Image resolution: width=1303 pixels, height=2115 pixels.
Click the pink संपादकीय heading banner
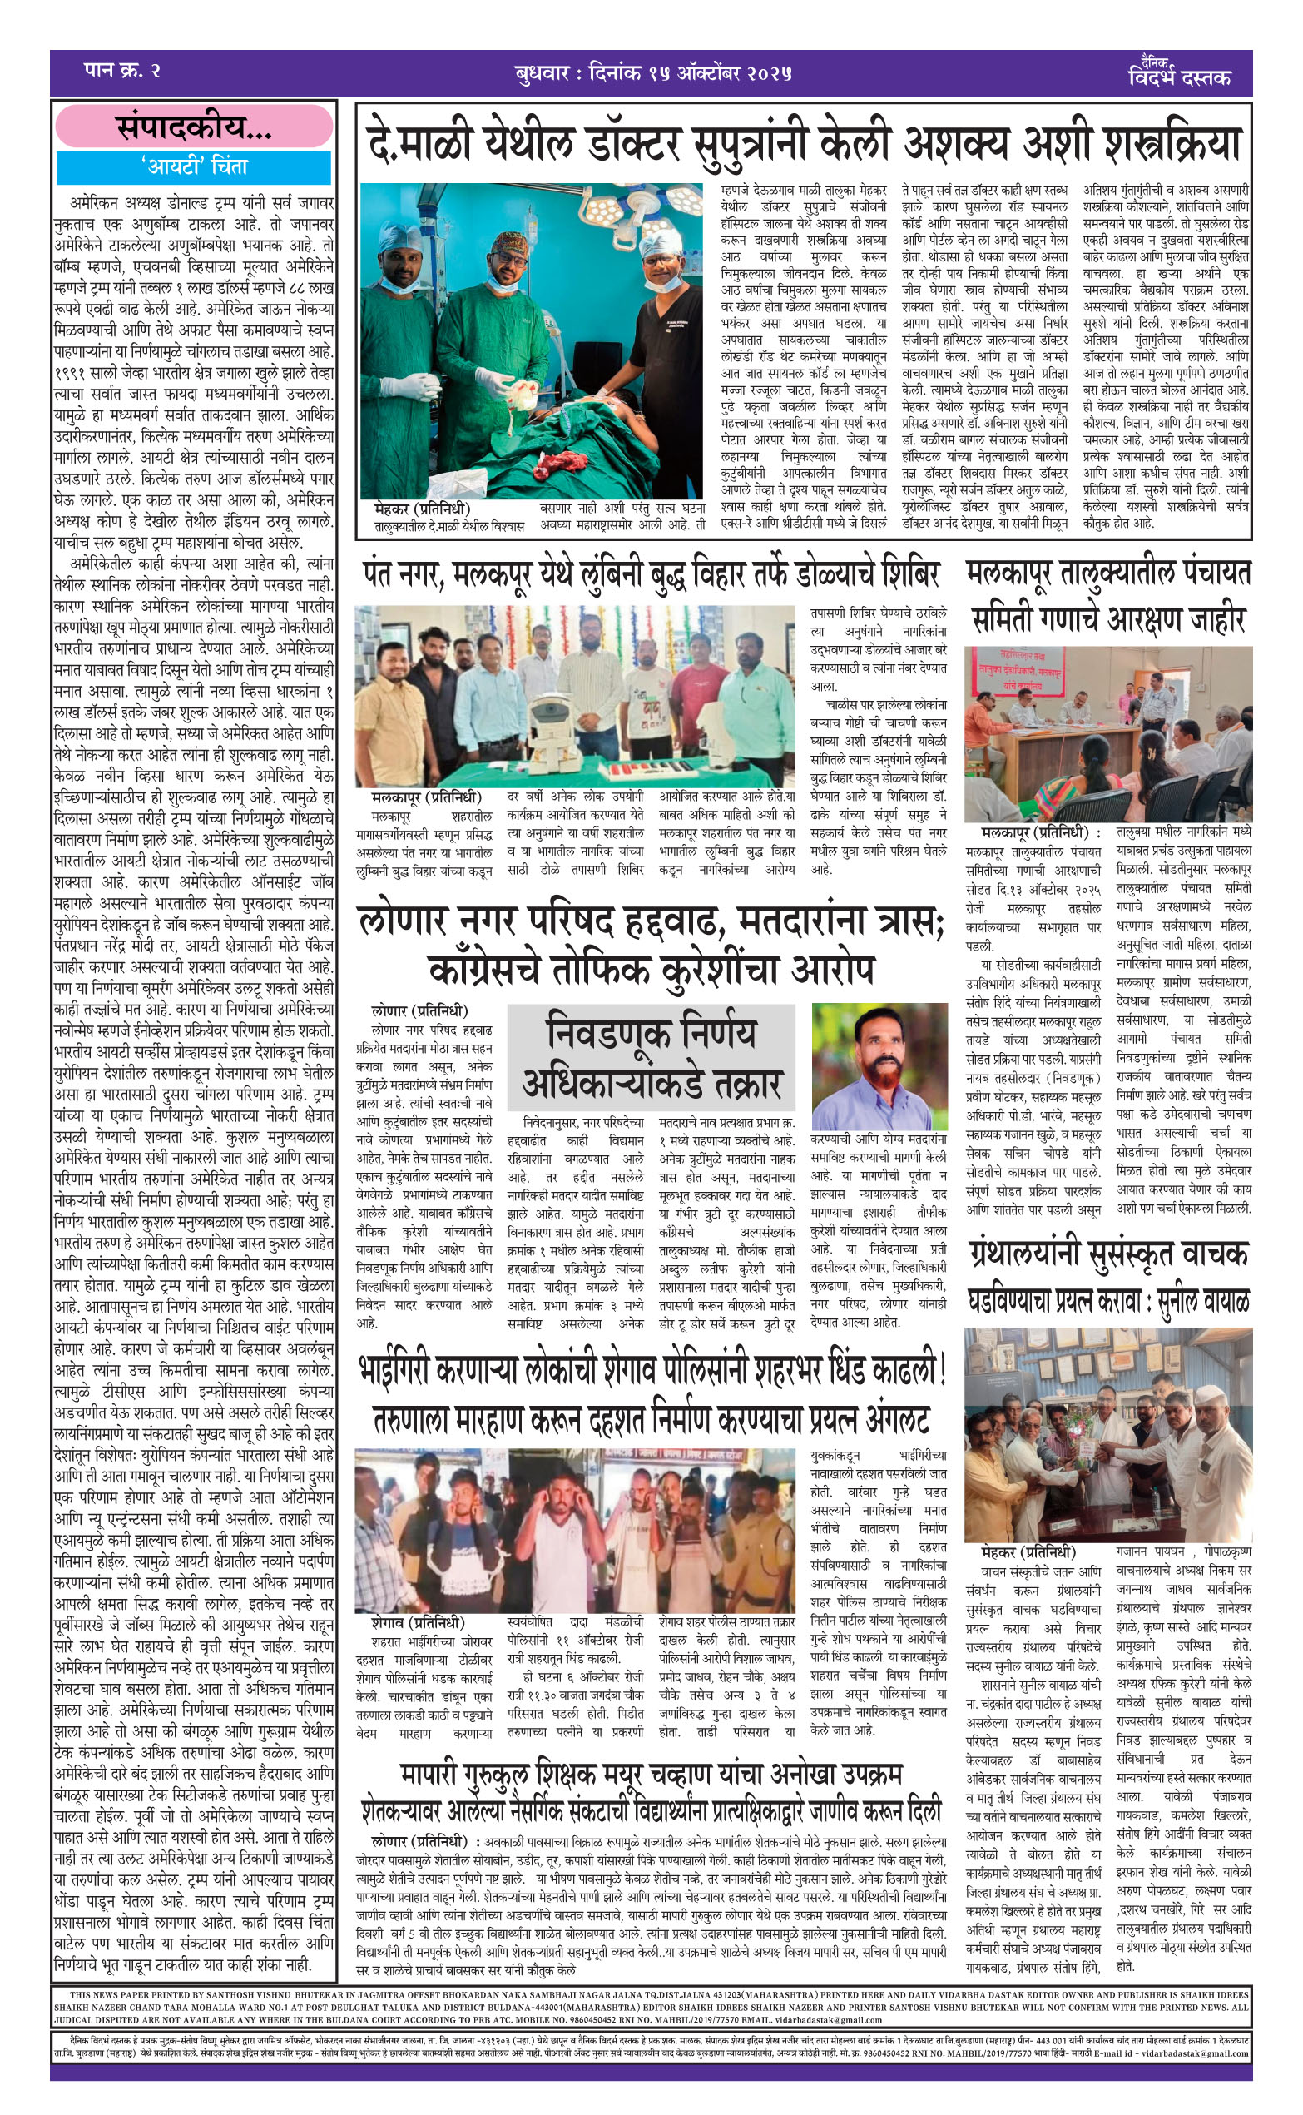pyautogui.click(x=194, y=127)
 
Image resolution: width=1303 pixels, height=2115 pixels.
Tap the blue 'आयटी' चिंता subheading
pyautogui.click(x=194, y=166)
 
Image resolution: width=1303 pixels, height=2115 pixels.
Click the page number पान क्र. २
pyautogui.click(x=122, y=72)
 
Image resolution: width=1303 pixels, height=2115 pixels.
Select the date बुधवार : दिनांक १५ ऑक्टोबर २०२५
pyautogui.click(x=651, y=73)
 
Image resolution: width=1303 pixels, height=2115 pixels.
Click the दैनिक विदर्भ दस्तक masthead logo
pyautogui.click(x=1178, y=72)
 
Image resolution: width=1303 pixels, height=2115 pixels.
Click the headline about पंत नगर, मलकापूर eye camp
pyautogui.click(x=651, y=574)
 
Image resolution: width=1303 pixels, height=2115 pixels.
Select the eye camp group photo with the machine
pyautogui.click(x=574, y=697)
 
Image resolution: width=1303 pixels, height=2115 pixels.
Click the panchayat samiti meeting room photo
pyautogui.click(x=1107, y=733)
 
